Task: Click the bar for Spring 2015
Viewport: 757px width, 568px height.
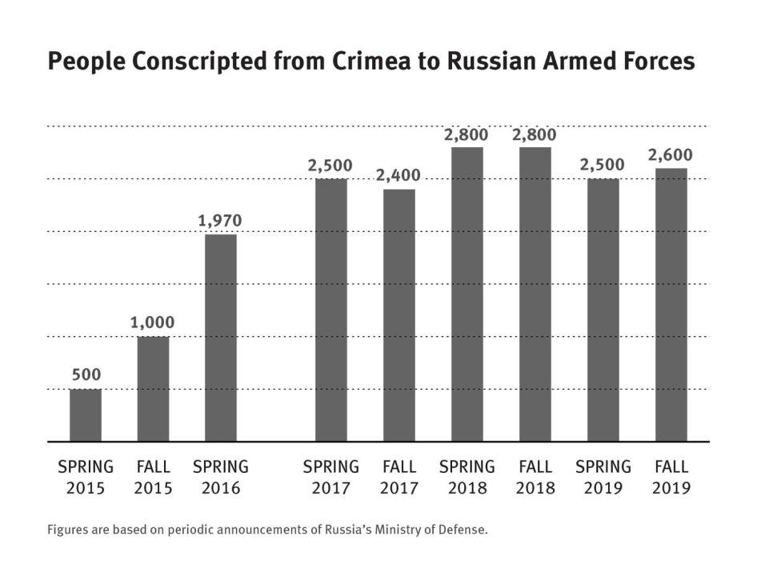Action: pyautogui.click(x=86, y=415)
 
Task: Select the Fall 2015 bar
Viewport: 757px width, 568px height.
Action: pyautogui.click(x=153, y=389)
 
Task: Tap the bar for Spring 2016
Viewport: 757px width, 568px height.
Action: pyautogui.click(x=221, y=338)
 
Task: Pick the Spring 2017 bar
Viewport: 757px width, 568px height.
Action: pyautogui.click(x=331, y=310)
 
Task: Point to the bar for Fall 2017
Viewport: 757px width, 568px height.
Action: pyautogui.click(x=399, y=315)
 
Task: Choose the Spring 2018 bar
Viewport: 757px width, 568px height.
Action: pyautogui.click(x=467, y=294)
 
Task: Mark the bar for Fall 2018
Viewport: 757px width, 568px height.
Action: pyautogui.click(x=535, y=294)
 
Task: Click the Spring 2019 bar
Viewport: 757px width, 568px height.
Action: pyautogui.click(x=603, y=310)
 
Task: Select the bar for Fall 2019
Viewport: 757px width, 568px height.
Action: pyautogui.click(x=671, y=305)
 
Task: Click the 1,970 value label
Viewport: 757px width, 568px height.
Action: pyautogui.click(x=220, y=221)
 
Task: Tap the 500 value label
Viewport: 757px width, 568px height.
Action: pyautogui.click(x=86, y=374)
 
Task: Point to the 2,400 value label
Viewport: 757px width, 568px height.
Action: pyautogui.click(x=399, y=175)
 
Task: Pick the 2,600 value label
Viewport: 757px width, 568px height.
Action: pyautogui.click(x=671, y=154)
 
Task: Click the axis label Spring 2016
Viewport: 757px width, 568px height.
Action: pyautogui.click(x=221, y=477)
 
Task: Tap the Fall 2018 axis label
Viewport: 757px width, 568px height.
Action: pyautogui.click(x=535, y=477)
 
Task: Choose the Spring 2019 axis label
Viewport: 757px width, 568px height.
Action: pyautogui.click(x=603, y=477)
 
